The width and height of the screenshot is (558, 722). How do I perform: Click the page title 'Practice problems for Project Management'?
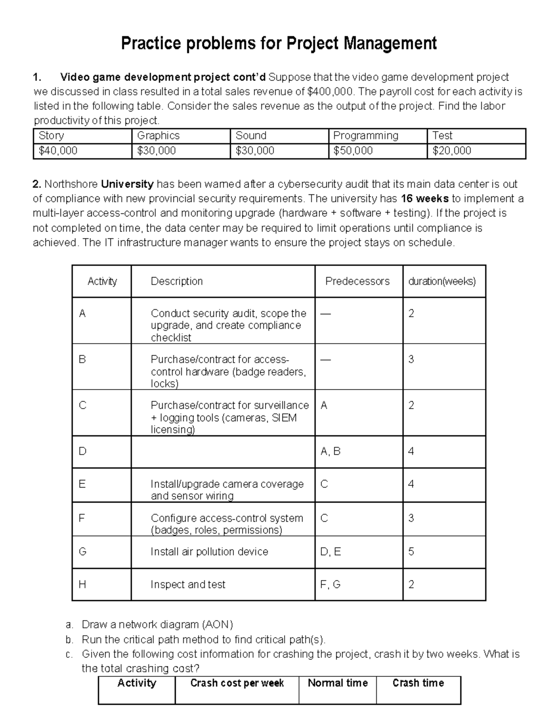click(x=279, y=43)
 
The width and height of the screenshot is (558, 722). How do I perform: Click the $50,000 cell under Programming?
click(x=353, y=151)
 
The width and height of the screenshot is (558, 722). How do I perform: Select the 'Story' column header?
click(x=51, y=136)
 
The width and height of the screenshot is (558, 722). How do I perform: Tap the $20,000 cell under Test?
click(x=452, y=151)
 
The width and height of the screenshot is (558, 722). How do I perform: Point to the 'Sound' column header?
click(x=251, y=136)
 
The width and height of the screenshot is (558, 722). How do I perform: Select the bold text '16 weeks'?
click(x=425, y=199)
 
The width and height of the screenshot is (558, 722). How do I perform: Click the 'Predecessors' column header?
click(x=357, y=281)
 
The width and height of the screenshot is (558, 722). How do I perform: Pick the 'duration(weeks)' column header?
click(x=442, y=281)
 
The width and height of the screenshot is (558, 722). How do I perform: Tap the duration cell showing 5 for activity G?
click(x=411, y=552)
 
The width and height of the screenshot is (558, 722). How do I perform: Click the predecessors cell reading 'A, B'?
click(x=331, y=451)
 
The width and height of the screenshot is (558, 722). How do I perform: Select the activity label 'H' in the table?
click(x=82, y=584)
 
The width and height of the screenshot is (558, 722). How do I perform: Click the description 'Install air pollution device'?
click(x=209, y=552)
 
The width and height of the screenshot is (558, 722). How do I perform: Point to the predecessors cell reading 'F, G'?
click(x=331, y=584)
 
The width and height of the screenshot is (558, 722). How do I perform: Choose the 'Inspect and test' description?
click(x=188, y=584)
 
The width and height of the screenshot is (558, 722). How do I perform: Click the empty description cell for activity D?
click(x=223, y=451)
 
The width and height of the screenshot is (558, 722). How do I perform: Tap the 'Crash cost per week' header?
click(x=237, y=683)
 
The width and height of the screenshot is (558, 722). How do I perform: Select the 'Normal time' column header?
click(x=338, y=683)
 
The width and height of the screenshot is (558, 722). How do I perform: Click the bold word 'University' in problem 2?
click(x=127, y=184)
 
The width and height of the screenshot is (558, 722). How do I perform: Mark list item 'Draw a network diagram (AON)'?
click(x=157, y=624)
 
